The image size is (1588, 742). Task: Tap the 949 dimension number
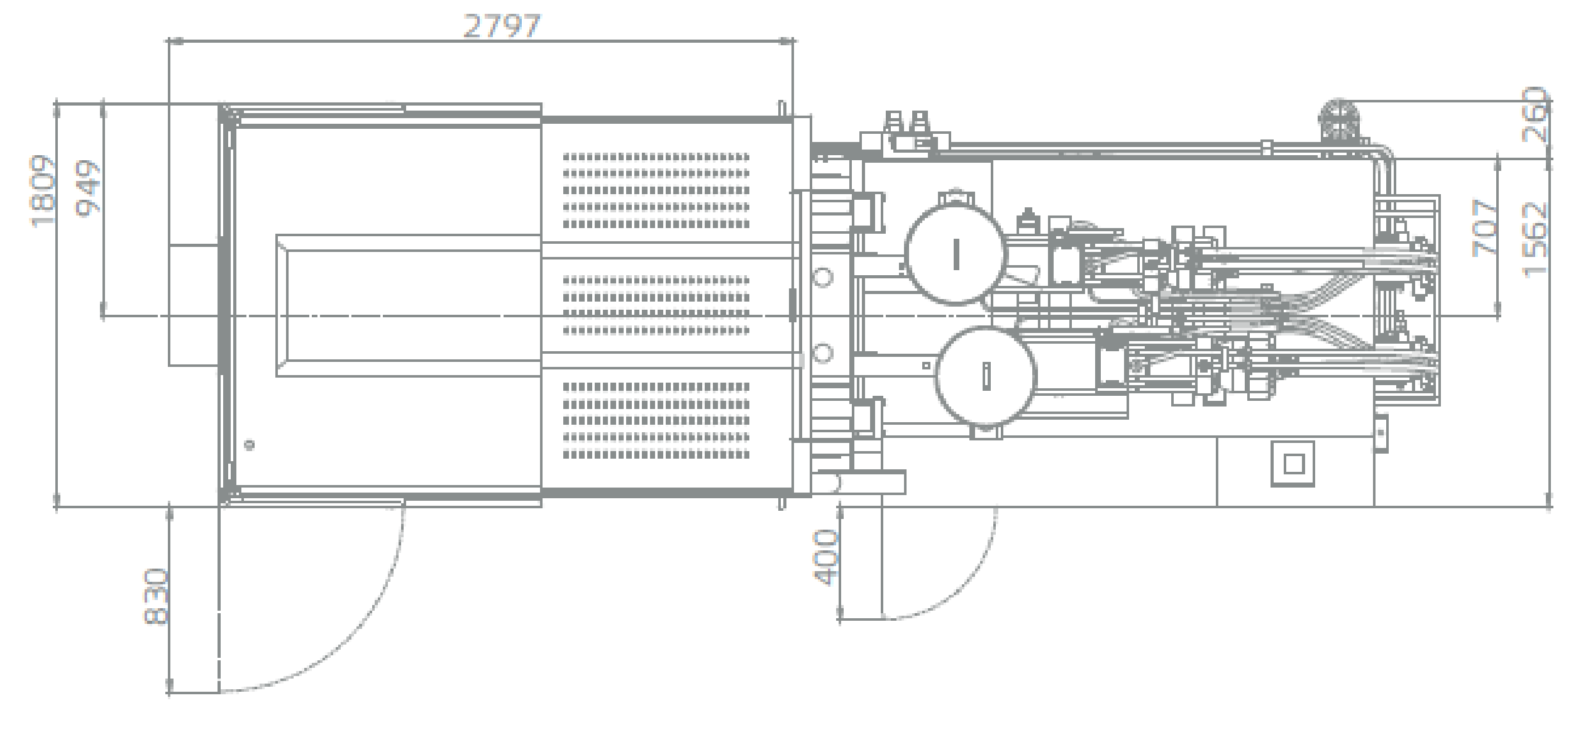pyautogui.click(x=87, y=188)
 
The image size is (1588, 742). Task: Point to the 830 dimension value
pyautogui.click(x=156, y=596)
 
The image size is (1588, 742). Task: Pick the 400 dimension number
pyautogui.click(x=825, y=557)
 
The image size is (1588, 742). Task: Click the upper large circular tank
pyautogui.click(x=955, y=254)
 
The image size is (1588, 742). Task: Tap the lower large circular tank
pyautogui.click(x=985, y=376)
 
